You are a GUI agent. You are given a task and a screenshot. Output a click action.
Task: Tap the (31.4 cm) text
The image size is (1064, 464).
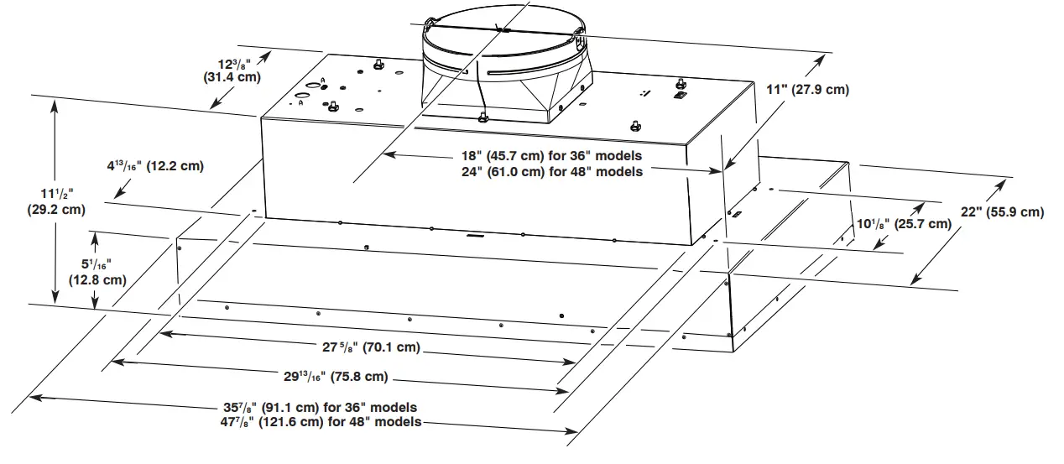point(232,77)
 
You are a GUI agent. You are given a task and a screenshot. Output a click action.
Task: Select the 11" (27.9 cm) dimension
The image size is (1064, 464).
point(808,90)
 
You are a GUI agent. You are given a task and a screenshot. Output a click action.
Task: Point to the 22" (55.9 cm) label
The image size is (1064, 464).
point(1004,212)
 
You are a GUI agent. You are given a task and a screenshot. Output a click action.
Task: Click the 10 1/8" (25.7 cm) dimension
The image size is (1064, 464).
point(903,224)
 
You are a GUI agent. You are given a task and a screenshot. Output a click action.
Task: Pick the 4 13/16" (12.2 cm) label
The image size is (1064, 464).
point(155,166)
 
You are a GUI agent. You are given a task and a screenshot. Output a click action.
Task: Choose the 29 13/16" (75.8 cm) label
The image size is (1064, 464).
point(335,377)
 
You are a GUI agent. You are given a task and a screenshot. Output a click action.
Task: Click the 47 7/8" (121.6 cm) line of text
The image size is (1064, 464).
point(319,421)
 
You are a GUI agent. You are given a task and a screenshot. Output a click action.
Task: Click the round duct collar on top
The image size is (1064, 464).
point(503,42)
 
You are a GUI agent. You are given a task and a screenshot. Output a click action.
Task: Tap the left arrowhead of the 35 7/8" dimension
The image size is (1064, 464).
point(35,395)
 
